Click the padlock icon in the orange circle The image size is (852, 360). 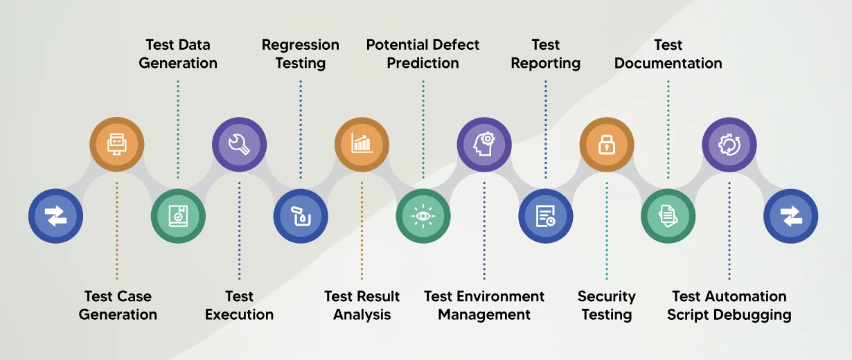tap(607, 145)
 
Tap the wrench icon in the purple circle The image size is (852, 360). tap(239, 145)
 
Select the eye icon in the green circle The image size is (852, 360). tap(423, 216)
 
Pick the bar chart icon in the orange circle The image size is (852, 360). tap(362, 145)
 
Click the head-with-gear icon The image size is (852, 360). tap(484, 145)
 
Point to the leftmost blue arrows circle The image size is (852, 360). tap(55, 216)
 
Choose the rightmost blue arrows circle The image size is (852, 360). tap(790, 216)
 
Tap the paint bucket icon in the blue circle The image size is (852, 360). tap(301, 216)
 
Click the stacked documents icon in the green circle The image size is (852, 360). tap(668, 216)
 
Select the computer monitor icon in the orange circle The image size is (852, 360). tap(116, 145)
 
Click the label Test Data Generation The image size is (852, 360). tap(178, 54)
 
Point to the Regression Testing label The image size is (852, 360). tap(301, 54)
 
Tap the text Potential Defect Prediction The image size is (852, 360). tap(423, 54)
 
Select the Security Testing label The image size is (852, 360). tap(607, 305)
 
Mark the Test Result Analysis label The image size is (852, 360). tap(362, 305)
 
